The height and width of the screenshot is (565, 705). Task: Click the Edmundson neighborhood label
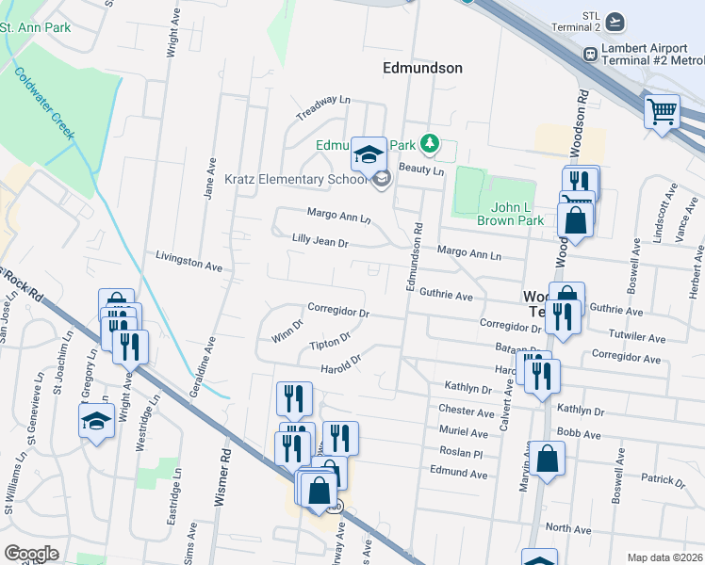tap(423, 68)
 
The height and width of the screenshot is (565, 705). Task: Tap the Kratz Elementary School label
tap(295, 179)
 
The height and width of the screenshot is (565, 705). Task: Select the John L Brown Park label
tap(511, 214)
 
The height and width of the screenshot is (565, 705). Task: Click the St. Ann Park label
tap(35, 27)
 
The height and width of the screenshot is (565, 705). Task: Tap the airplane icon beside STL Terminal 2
tap(615, 22)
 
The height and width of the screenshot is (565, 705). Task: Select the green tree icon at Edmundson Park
tap(431, 143)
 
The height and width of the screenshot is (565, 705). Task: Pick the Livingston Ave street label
tap(188, 263)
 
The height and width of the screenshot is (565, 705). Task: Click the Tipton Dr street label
tap(330, 342)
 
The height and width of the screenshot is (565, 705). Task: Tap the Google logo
tap(31, 554)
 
